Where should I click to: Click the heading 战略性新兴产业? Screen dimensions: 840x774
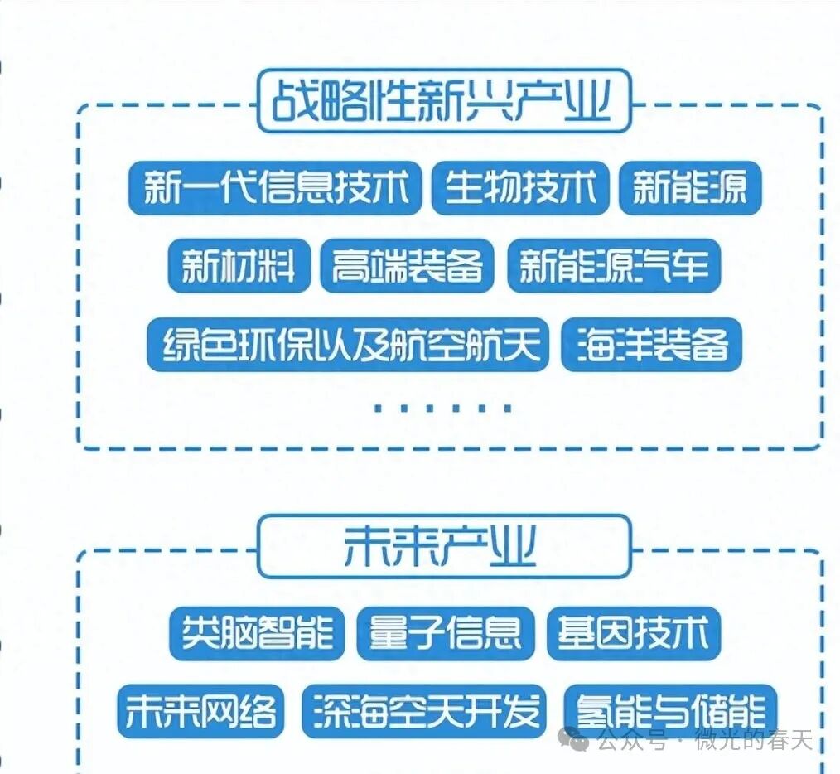(x=443, y=102)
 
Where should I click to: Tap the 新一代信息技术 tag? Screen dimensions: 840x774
(x=275, y=188)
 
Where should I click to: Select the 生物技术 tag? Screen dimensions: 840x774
(x=520, y=188)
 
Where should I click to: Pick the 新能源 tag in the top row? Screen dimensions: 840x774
(x=690, y=188)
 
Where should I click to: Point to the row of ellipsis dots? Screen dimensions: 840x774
(x=443, y=407)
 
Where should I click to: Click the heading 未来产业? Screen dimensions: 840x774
(x=443, y=546)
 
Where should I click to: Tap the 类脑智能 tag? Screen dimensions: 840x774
(x=257, y=634)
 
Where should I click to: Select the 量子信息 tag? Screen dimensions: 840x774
(x=445, y=634)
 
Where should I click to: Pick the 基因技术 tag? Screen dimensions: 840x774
(x=634, y=634)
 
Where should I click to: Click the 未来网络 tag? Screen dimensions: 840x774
(x=200, y=711)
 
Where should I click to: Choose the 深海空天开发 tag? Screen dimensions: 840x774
(x=425, y=711)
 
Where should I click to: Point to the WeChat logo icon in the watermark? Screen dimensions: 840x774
(x=575, y=738)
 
